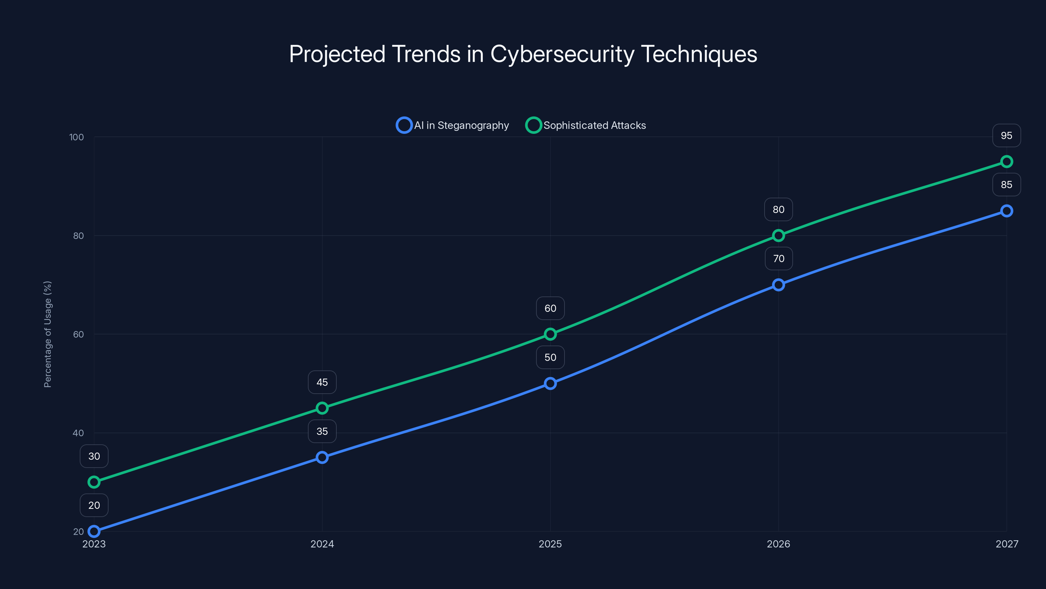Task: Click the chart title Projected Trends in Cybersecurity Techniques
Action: click(523, 54)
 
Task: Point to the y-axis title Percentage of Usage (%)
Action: click(47, 334)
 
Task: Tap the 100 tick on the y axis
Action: click(76, 137)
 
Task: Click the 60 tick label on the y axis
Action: click(78, 334)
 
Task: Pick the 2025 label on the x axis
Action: click(550, 544)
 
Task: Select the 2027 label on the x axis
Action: click(1007, 544)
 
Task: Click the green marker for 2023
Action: click(94, 482)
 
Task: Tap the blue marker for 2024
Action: click(322, 457)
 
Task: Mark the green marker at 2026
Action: click(778, 235)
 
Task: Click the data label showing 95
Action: click(1007, 135)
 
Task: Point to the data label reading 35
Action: click(322, 431)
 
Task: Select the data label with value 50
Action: click(550, 357)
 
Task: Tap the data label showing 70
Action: click(778, 259)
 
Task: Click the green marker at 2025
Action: click(550, 334)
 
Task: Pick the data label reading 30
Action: click(94, 456)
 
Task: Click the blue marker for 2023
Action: click(94, 531)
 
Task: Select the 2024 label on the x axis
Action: click(322, 544)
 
